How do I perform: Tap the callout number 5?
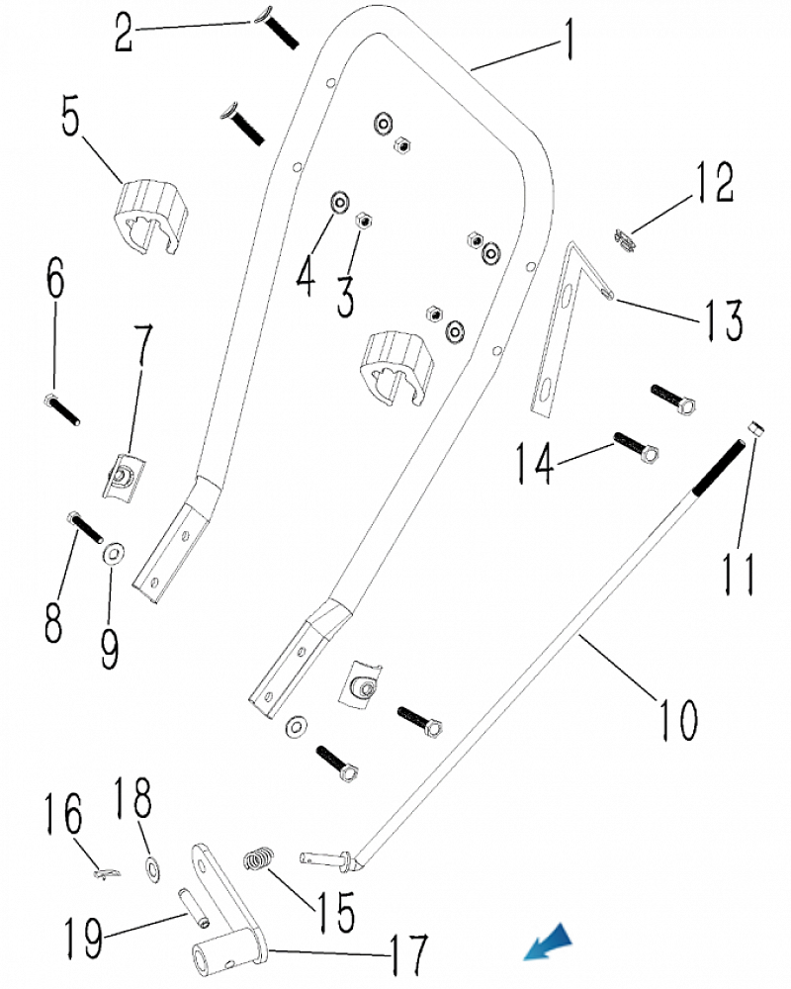[x=71, y=118]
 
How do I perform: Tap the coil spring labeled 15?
[x=258, y=858]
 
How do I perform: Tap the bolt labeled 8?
[x=85, y=525]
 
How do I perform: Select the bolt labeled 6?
[x=61, y=408]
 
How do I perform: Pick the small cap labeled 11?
[x=754, y=430]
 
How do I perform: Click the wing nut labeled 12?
[x=623, y=239]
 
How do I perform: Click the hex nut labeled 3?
[x=363, y=219]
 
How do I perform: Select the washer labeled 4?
[x=339, y=203]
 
